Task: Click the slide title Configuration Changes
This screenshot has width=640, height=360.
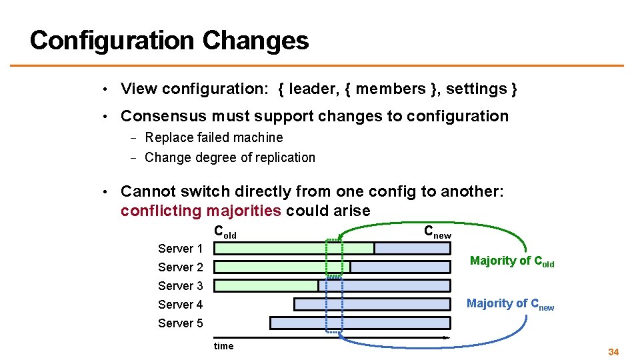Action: pos(169,41)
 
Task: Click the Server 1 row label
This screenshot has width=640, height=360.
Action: pos(180,249)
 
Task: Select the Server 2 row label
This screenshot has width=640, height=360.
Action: pos(180,267)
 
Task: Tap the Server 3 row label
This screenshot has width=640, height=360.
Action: pos(180,286)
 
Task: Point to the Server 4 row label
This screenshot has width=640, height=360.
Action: pos(180,305)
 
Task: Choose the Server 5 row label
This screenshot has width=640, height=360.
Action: pos(180,323)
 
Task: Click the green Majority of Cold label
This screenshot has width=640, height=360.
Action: pos(511,261)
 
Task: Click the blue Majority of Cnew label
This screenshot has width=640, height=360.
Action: pos(510,304)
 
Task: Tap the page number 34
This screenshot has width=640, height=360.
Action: pos(613,351)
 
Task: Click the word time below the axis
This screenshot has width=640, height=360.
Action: pos(223,346)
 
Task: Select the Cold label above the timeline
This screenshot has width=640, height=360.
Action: pos(225,233)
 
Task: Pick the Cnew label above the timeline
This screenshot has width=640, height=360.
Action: pos(437,232)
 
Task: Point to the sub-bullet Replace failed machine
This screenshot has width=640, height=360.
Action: pos(213,137)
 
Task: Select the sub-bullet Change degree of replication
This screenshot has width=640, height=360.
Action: pos(229,157)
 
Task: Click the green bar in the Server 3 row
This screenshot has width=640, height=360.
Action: pos(266,285)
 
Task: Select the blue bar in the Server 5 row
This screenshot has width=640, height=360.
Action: pos(360,323)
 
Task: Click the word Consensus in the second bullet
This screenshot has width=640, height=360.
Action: pos(163,116)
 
